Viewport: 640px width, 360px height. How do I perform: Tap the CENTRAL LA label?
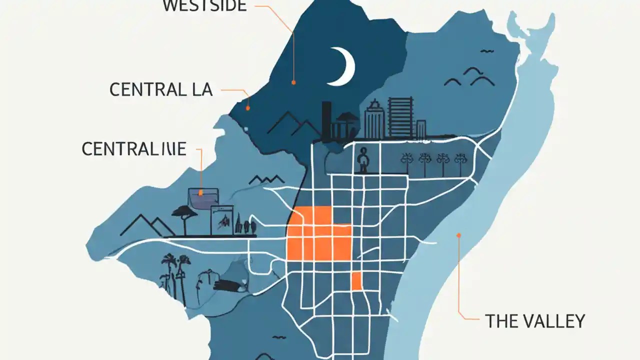161,90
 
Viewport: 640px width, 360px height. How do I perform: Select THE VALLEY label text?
535,321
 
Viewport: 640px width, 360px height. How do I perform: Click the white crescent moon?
344,66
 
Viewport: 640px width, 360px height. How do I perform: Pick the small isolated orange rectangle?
356,281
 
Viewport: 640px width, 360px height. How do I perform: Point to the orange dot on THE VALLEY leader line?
458,234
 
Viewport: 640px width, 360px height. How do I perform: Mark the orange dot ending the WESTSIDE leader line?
293,82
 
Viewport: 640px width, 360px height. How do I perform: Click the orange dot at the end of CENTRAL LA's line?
247,107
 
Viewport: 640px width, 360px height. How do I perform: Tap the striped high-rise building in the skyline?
400,117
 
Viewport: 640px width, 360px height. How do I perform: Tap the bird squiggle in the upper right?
486,51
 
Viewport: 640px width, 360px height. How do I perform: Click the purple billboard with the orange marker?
202,198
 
